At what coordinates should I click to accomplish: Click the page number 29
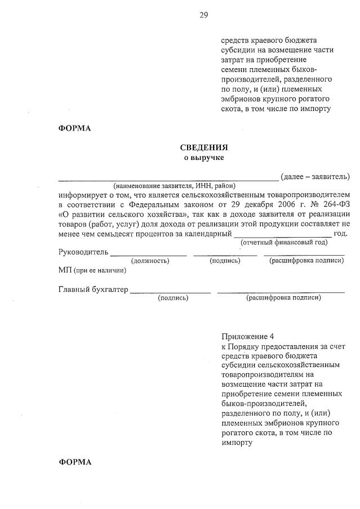204,15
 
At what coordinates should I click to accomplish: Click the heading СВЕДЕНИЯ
204,148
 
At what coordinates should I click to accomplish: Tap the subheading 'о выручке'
204,158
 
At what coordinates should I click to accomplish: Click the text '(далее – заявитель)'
315,177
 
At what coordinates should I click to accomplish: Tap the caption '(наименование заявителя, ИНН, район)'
174,186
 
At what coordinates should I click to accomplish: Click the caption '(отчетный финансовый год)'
284,243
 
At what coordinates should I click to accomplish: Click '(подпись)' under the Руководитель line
225,261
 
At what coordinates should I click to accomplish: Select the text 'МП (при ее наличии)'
92,271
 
